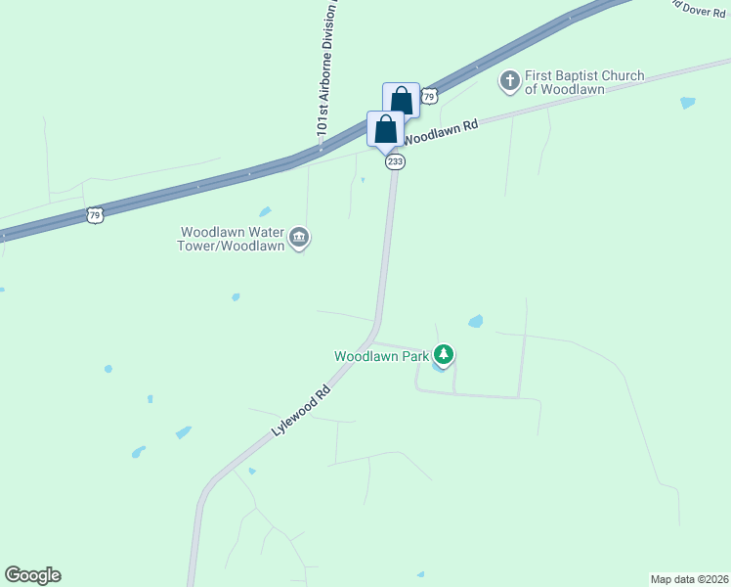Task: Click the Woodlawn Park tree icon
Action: [445, 354]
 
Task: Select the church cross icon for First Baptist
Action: [509, 80]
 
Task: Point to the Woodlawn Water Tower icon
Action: [299, 238]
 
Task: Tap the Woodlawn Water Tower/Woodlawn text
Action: [232, 239]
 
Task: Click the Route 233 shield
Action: [395, 161]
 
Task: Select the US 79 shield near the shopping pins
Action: [430, 96]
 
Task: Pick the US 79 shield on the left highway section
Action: [94, 214]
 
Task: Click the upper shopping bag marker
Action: [401, 99]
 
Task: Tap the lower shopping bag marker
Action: [385, 128]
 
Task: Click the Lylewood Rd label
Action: [303, 411]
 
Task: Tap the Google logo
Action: [32, 575]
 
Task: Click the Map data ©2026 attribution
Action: [689, 578]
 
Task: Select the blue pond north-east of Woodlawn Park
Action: [476, 321]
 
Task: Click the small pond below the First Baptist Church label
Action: [687, 103]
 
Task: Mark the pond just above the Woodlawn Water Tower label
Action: [265, 211]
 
